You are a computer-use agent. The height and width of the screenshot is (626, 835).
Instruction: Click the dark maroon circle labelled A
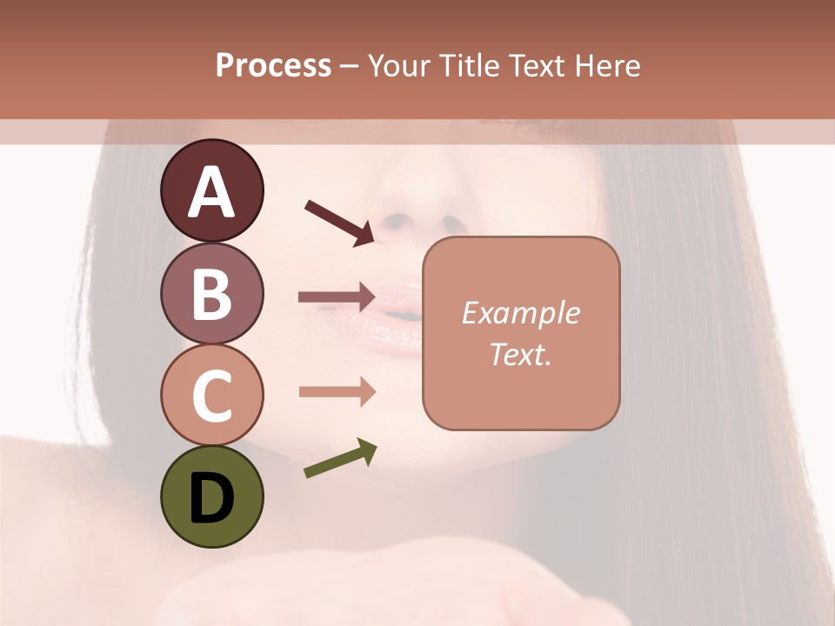pos(211,190)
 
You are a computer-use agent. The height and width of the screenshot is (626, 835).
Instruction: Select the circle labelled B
pos(211,293)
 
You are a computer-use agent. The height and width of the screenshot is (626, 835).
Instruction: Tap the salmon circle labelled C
pos(211,396)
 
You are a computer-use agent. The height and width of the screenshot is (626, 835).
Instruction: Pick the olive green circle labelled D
pos(211,497)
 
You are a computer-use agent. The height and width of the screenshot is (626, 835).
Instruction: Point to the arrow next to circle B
pos(337,296)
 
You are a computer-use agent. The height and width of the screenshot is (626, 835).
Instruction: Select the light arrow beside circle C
pos(337,391)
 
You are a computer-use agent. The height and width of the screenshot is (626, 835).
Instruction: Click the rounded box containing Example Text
pos(521,334)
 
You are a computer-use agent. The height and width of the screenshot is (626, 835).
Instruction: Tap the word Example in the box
pos(521,313)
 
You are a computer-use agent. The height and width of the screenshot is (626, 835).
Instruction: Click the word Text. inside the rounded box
pos(521,355)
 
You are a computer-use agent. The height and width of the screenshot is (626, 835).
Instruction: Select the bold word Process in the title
pos(273,65)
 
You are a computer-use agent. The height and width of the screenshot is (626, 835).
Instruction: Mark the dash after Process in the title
pos(349,66)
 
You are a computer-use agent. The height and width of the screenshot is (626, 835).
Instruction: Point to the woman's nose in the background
pos(417,213)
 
